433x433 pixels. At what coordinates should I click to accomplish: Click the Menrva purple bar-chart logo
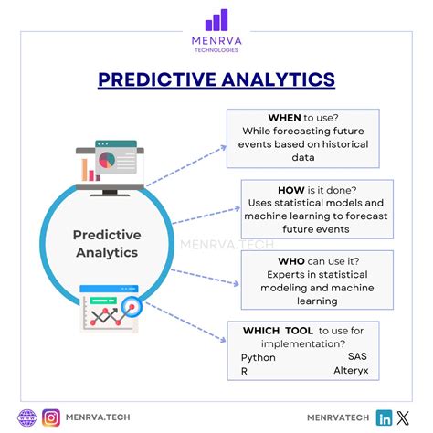coord(216,20)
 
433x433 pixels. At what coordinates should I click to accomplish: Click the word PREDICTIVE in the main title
coord(153,79)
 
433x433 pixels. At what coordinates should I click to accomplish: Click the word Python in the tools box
coord(259,357)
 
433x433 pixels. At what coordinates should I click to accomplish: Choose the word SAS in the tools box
coord(359,357)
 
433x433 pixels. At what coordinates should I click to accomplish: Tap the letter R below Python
coord(245,373)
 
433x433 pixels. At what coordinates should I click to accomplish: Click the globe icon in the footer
coord(26,417)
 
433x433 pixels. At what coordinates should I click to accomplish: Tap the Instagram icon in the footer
coord(52,417)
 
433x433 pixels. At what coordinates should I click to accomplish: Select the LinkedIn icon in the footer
coord(385,417)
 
